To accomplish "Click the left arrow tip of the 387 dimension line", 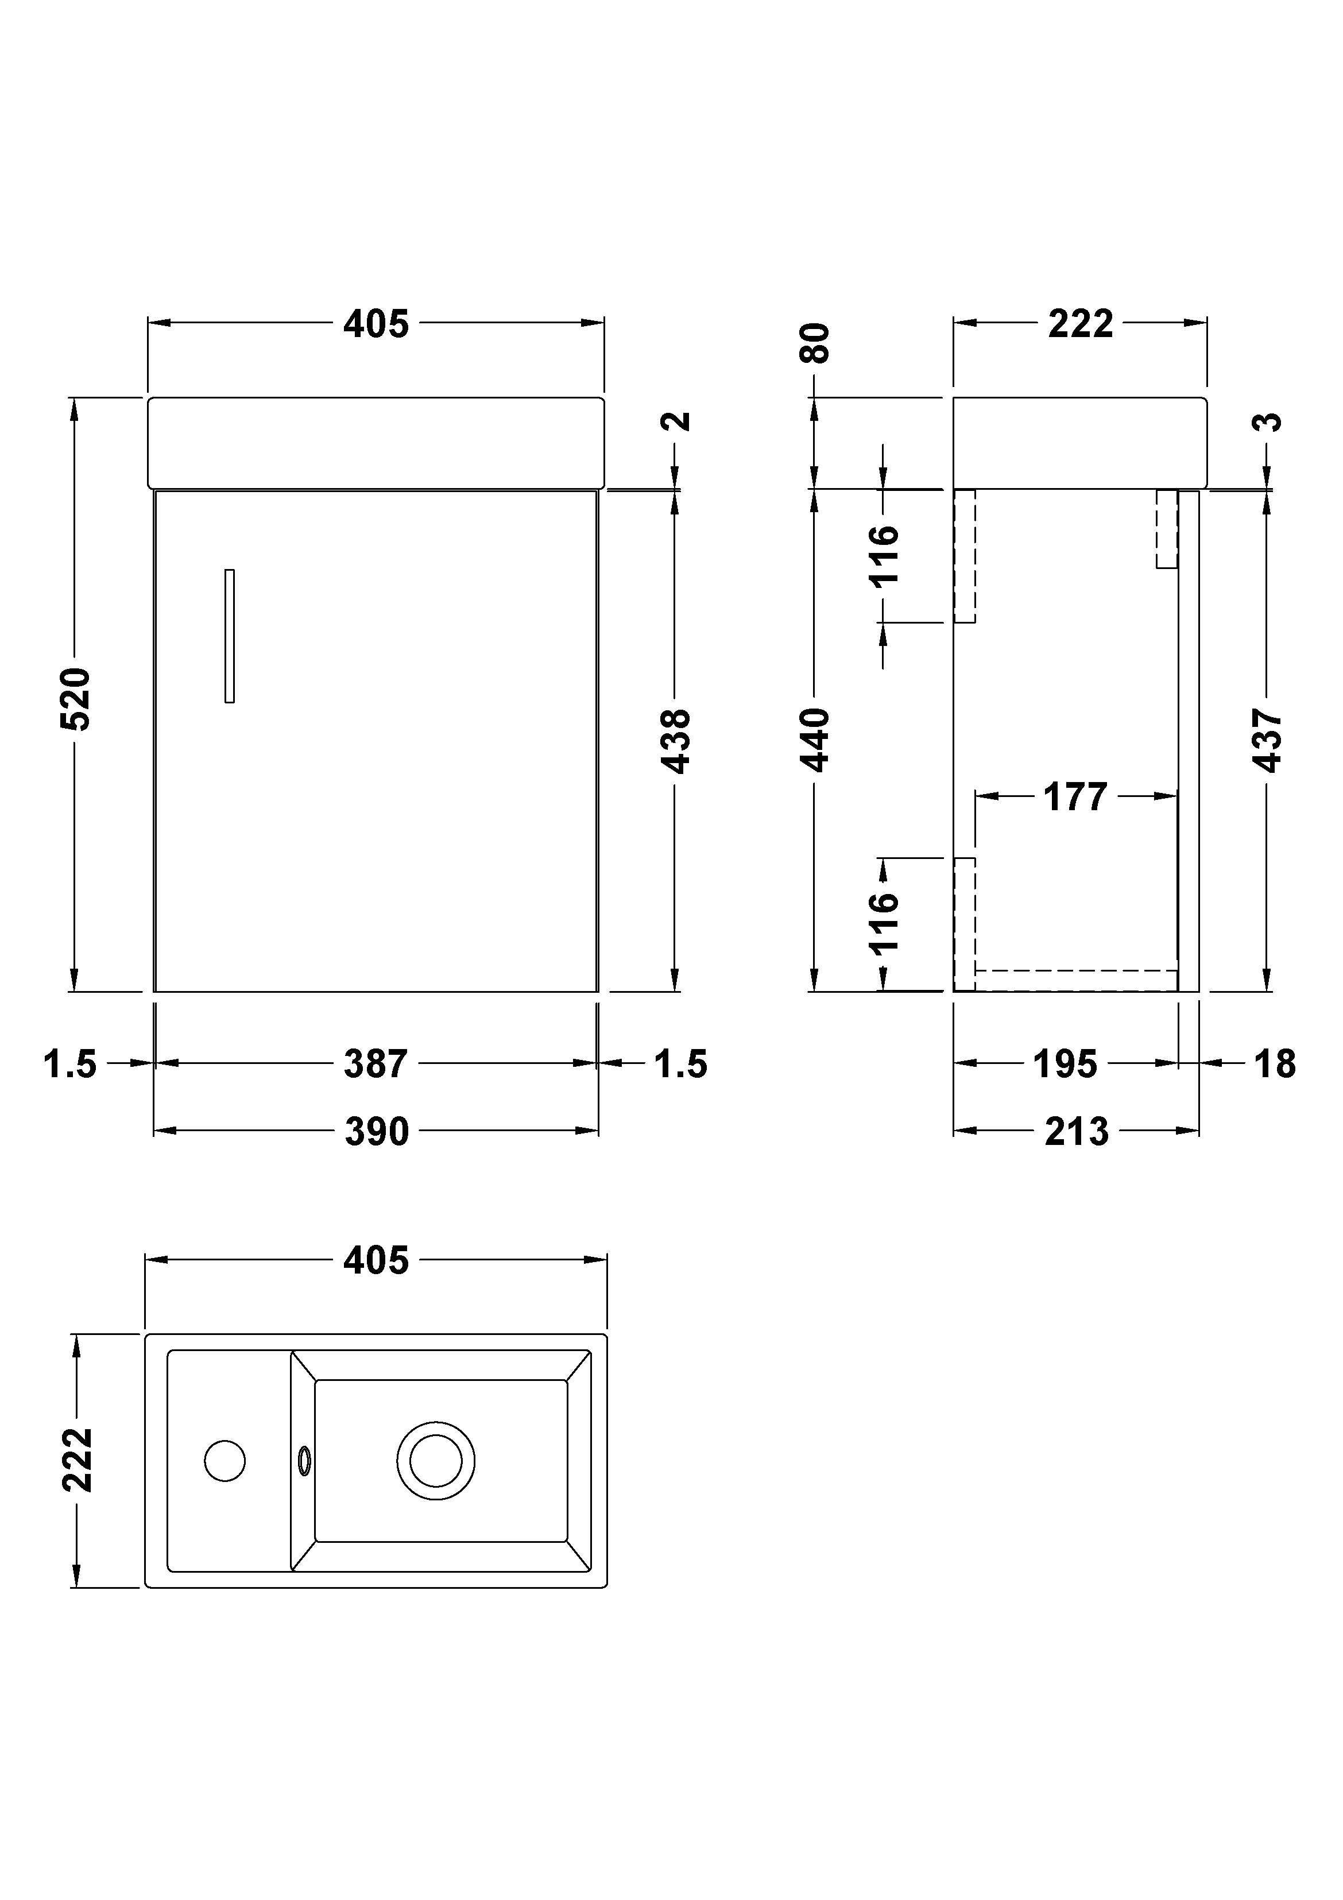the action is click(156, 1063).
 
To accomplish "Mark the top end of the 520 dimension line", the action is click(75, 400).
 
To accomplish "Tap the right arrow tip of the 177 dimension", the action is click(1176, 796).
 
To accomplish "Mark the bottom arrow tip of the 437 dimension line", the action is click(1266, 990).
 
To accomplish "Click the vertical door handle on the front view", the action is click(229, 636).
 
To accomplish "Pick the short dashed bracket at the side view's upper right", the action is click(1167, 529).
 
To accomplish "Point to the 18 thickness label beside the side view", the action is click(1274, 1064).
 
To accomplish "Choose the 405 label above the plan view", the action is click(377, 1260).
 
